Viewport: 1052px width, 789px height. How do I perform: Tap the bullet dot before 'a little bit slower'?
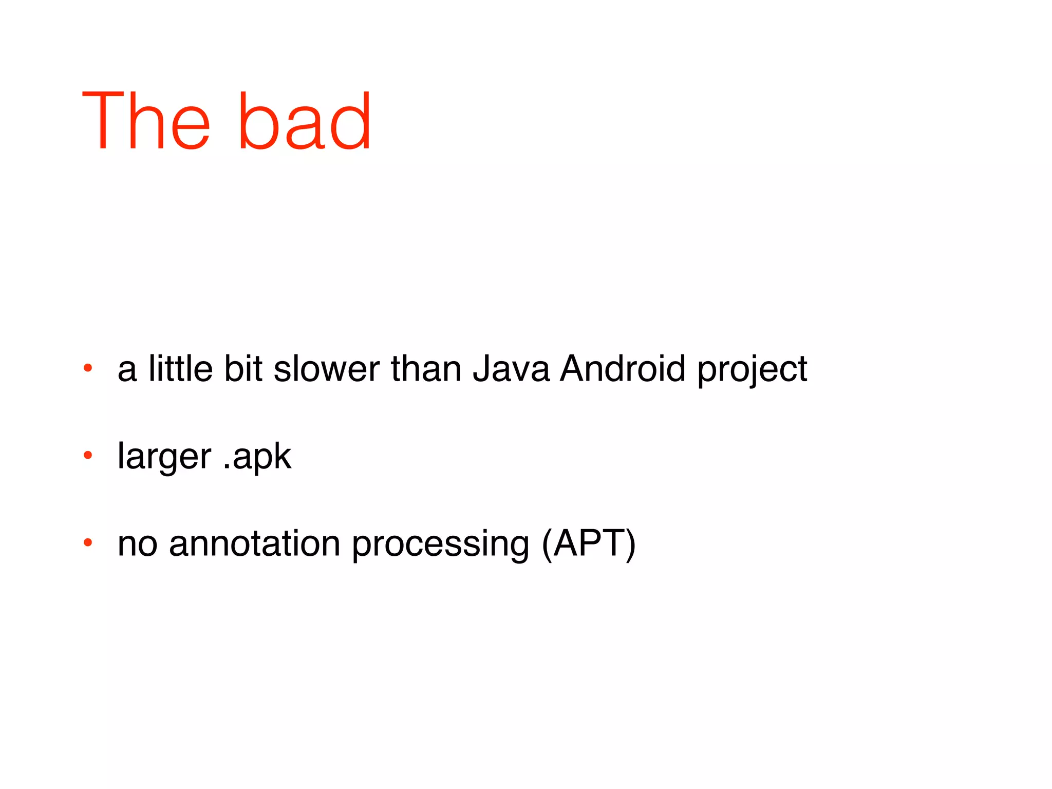click(88, 368)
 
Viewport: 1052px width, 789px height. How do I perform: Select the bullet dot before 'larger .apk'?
click(88, 455)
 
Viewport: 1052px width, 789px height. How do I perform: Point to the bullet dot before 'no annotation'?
click(88, 542)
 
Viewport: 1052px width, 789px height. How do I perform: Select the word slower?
click(327, 369)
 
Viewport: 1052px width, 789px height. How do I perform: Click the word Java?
click(511, 369)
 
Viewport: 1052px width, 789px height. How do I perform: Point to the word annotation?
click(254, 543)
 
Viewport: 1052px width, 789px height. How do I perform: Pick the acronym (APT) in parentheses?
click(589, 543)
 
